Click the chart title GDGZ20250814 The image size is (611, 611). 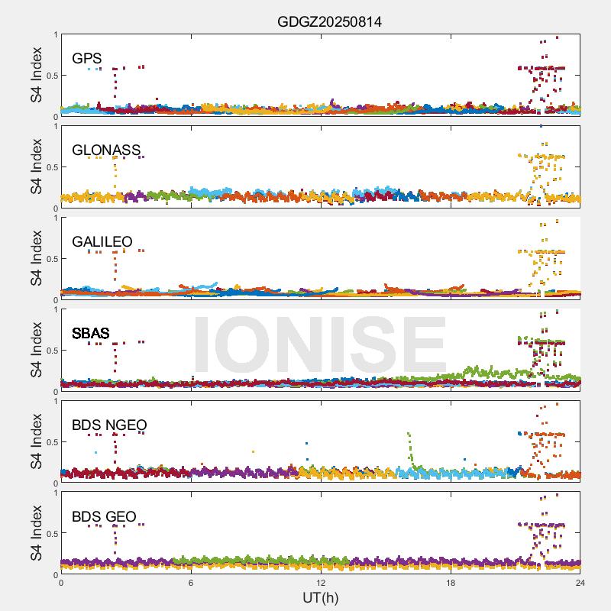(329, 21)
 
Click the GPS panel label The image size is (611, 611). (86, 58)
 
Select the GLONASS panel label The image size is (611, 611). (106, 150)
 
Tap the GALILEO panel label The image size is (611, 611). (102, 241)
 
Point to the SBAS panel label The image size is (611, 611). (90, 333)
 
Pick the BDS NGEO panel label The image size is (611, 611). (109, 425)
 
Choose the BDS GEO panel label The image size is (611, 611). (104, 516)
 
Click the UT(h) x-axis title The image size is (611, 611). (320, 597)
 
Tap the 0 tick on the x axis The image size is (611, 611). (61, 583)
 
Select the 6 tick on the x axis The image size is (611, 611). (191, 583)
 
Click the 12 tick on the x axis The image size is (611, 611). (321, 583)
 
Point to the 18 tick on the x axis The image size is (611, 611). (451, 583)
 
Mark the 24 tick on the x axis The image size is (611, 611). (580, 583)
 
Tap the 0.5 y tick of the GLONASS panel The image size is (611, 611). (50, 167)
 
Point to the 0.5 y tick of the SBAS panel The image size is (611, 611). (50, 351)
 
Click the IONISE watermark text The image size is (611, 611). (320, 344)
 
